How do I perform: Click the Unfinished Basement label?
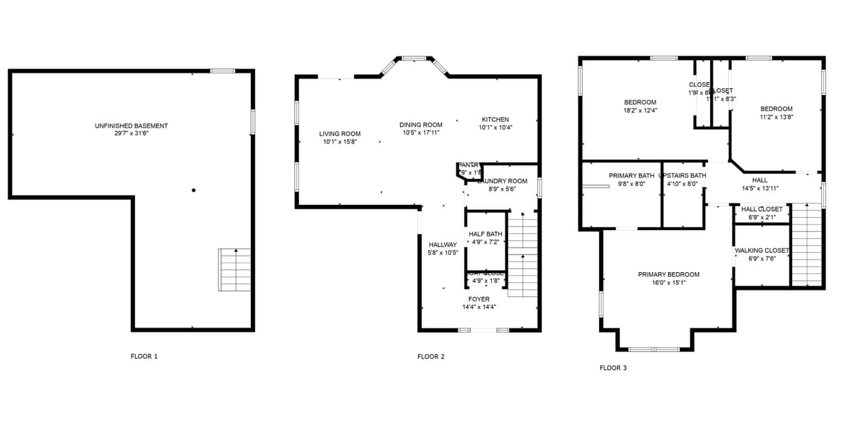pos(132,126)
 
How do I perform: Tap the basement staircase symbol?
pos(235,269)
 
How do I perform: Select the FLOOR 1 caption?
pos(144,356)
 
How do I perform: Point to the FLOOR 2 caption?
pos(431,356)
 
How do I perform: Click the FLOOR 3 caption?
pos(613,368)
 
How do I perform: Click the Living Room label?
pos(340,134)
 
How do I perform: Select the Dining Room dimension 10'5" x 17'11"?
pos(420,133)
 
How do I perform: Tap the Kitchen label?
pos(495,119)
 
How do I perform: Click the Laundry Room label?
pos(503,181)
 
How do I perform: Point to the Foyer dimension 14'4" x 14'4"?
pos(479,307)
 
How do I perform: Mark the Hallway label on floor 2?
pos(443,245)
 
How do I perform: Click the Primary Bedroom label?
pos(669,274)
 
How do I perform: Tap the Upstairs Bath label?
pos(682,176)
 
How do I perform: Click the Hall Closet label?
pos(762,209)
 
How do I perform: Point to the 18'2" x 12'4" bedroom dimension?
pos(640,110)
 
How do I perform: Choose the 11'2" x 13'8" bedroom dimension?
pos(777,117)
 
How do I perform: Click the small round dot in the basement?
pos(193,191)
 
